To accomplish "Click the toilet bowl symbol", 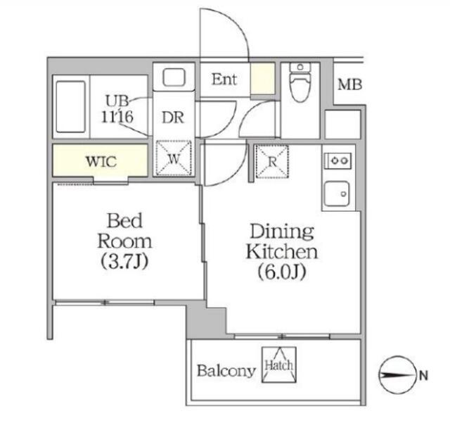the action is click(x=300, y=82).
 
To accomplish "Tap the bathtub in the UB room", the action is click(x=70, y=106).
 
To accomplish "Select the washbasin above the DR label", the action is click(x=174, y=77).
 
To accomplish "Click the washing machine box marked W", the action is click(x=174, y=158).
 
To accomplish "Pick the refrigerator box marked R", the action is click(x=272, y=161).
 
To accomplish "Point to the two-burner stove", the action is click(x=337, y=160).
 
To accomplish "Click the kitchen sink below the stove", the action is click(x=337, y=194).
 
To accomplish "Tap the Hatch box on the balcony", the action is click(x=278, y=365).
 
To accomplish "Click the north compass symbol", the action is click(x=397, y=375).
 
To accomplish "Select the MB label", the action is click(x=350, y=84).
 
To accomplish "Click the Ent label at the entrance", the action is click(x=224, y=80).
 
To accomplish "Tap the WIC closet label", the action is click(x=101, y=162).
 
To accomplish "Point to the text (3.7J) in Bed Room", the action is click(x=124, y=261).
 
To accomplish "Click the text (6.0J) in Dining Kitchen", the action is click(x=281, y=272).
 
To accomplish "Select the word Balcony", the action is click(x=226, y=371).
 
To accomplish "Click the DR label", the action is click(x=173, y=118).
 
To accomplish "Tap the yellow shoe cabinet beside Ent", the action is click(x=263, y=78).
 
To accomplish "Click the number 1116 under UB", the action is click(x=117, y=117).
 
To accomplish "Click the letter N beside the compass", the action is click(x=423, y=375).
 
